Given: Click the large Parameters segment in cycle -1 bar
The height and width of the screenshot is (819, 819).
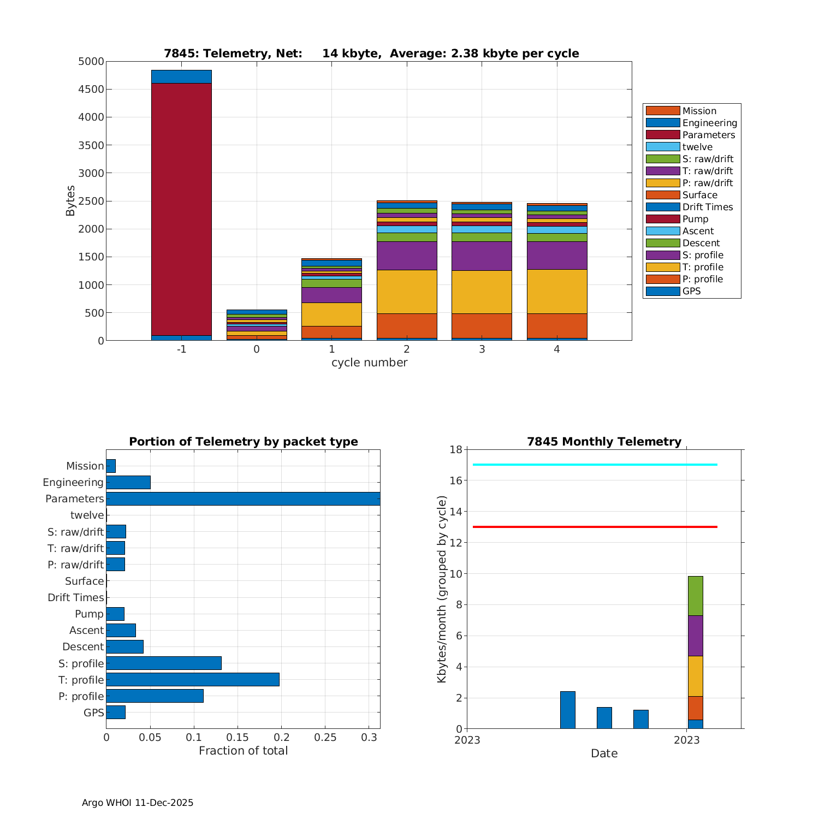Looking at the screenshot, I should click(x=181, y=209).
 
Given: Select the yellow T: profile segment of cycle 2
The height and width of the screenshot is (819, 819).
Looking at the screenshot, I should click(x=407, y=292).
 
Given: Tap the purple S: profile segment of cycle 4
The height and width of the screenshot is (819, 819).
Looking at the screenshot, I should click(x=557, y=256).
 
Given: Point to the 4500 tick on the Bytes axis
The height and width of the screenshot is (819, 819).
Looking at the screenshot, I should click(x=91, y=90).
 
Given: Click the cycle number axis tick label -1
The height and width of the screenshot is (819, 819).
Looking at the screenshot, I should click(x=181, y=349).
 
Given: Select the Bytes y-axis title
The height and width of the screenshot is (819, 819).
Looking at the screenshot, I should click(x=70, y=201).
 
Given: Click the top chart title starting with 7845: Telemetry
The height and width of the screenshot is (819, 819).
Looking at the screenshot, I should click(x=371, y=54).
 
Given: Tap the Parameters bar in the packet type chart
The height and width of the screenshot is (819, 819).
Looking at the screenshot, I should click(x=243, y=498).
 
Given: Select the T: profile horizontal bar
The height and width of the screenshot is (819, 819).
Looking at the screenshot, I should click(x=193, y=680).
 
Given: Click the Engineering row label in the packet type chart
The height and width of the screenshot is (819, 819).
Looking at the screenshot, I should click(x=73, y=482).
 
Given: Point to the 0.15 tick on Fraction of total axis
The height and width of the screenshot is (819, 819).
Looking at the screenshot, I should click(x=238, y=737).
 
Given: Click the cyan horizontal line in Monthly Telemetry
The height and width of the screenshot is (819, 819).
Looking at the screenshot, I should click(x=595, y=465).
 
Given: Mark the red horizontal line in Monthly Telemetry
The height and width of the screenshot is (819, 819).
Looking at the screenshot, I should click(x=595, y=527).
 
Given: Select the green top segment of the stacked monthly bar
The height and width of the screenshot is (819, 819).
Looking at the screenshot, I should click(x=695, y=596).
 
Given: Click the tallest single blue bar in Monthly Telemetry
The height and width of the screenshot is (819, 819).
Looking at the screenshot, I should click(x=568, y=710).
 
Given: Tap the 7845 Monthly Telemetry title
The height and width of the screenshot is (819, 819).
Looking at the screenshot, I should click(x=604, y=442).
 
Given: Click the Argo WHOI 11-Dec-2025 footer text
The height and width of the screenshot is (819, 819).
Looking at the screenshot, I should click(x=138, y=803).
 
